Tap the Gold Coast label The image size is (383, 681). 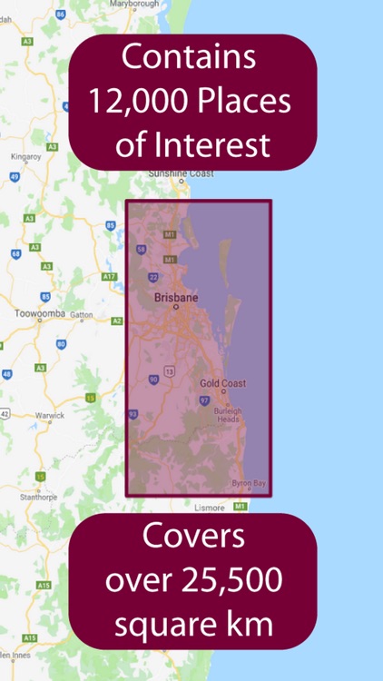coord(222,383)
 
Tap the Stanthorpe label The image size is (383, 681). coord(35,498)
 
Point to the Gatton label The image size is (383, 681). coord(83,314)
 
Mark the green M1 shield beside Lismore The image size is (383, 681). coord(240,506)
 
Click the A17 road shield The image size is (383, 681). coord(110,275)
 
